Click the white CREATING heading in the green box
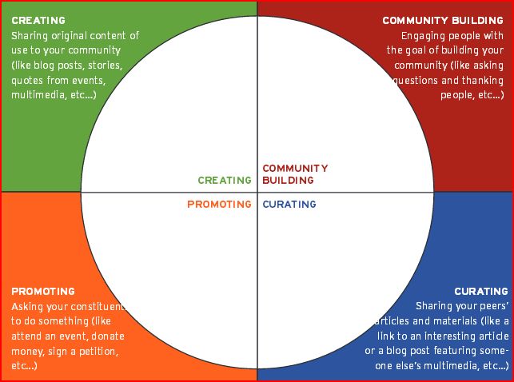point(38,21)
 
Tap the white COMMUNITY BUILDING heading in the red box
point(443,21)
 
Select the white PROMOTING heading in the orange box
point(43,292)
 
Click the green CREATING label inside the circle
point(225,181)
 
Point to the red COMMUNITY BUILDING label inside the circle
point(295,174)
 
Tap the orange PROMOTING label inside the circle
point(219,205)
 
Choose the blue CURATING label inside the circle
point(289,205)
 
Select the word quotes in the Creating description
point(29,80)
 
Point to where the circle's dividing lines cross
point(257,193)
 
